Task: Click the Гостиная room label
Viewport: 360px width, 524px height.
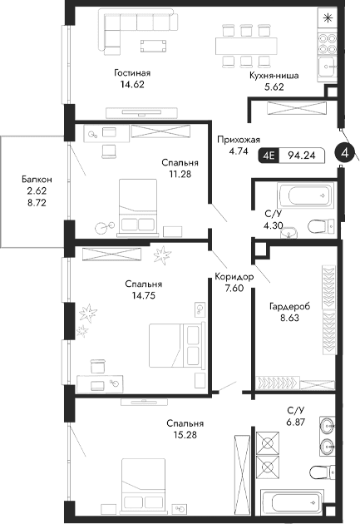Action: point(132,73)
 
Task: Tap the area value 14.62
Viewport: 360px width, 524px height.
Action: point(132,84)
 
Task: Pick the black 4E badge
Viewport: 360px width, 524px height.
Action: point(269,154)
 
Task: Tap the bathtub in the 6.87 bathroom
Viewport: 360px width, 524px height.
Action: point(293,502)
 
